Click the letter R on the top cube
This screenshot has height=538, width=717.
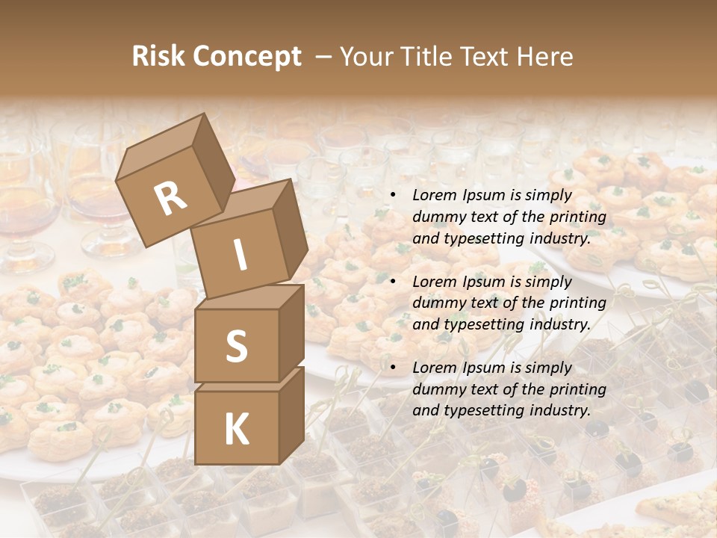point(170,199)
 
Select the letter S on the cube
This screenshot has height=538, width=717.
point(236,346)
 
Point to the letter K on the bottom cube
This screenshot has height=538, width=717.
point(236,430)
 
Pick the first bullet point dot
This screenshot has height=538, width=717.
point(392,196)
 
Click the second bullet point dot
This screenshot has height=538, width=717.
point(392,282)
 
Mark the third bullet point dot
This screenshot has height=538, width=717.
point(392,368)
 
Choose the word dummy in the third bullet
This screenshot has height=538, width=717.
point(437,389)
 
